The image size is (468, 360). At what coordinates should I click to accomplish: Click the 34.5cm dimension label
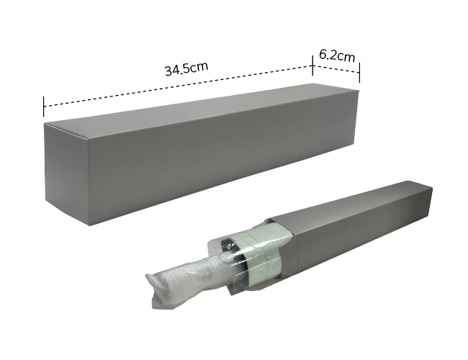click(186, 68)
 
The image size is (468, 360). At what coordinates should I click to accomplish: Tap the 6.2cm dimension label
click(337, 55)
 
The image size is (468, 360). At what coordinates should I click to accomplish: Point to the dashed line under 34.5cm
click(178, 86)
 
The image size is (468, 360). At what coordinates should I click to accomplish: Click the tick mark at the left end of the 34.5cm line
click(44, 107)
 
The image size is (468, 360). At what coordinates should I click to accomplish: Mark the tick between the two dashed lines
click(312, 66)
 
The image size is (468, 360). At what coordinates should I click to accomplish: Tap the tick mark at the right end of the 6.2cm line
click(359, 73)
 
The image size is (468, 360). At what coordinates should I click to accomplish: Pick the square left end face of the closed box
click(67, 173)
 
